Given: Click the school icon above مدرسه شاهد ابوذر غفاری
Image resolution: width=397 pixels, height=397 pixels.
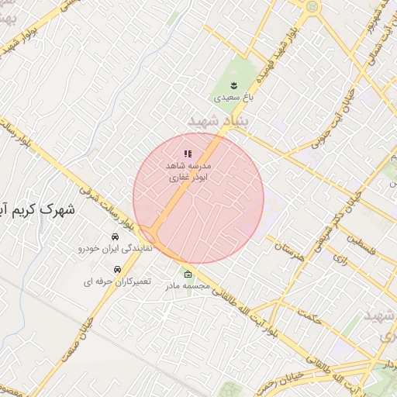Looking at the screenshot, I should click(x=187, y=154).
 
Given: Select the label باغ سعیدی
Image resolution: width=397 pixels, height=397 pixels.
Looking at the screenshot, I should click(x=234, y=98).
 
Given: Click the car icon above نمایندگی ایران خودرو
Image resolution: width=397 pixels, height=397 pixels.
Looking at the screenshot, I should click(x=114, y=236).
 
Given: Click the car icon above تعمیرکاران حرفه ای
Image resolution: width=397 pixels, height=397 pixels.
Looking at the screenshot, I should click(x=117, y=269).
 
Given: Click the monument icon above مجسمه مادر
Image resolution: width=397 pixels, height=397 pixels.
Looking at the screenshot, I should click(x=188, y=274).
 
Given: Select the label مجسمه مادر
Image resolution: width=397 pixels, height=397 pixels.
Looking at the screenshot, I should click(x=188, y=286).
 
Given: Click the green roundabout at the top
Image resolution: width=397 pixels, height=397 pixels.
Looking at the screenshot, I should click(x=312, y=6).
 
